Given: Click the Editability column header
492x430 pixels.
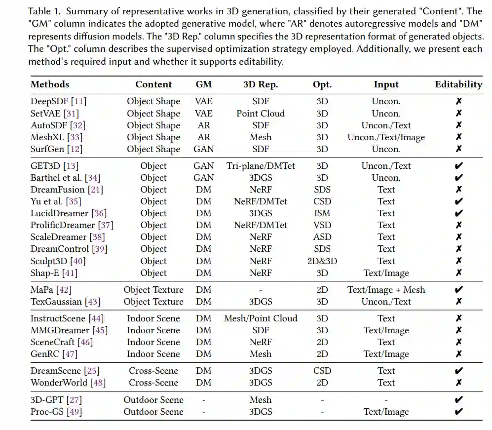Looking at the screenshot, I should pyautogui.click(x=458, y=84).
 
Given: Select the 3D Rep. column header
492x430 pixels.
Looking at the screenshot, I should pyautogui.click(x=261, y=84).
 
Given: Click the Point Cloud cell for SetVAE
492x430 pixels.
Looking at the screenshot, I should pyautogui.click(x=261, y=114).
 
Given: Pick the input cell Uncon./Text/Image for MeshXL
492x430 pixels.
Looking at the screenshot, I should pyautogui.click(x=386, y=137).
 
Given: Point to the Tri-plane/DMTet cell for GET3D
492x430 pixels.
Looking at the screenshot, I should pyautogui.click(x=261, y=166).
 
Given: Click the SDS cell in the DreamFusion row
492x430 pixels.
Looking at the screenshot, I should pyautogui.click(x=322, y=190).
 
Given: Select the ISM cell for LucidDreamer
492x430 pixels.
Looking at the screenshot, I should pyautogui.click(x=322, y=213).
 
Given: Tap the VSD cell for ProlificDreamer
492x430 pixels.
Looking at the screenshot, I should pyautogui.click(x=322, y=225).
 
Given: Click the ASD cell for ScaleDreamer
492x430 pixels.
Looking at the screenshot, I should pyautogui.click(x=322, y=237).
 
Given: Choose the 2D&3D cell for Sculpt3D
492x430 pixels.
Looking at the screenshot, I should pyautogui.click(x=322, y=261).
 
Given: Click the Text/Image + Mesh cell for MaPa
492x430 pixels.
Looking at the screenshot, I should pyautogui.click(x=386, y=290).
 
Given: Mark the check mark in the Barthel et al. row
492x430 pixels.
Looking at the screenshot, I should pyautogui.click(x=458, y=178).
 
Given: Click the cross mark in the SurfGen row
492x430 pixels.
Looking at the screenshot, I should pyautogui.click(x=458, y=149).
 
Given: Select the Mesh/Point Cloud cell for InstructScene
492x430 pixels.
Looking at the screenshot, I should pyautogui.click(x=261, y=318).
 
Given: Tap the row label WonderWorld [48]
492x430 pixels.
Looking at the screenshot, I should pyautogui.click(x=68, y=383).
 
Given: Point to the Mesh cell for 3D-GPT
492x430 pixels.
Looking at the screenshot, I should pyautogui.click(x=261, y=400).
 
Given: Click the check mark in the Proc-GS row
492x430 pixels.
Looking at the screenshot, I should pyautogui.click(x=458, y=412).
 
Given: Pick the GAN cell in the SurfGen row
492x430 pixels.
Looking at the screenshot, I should pyautogui.click(x=203, y=149).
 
